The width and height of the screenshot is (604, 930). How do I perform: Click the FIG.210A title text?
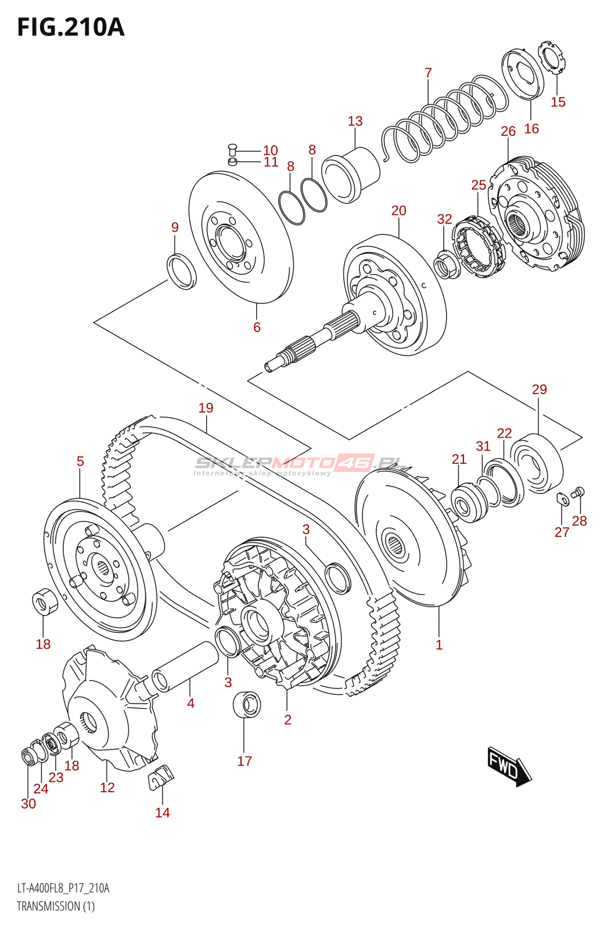(70, 27)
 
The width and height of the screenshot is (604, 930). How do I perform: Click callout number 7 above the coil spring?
(428, 73)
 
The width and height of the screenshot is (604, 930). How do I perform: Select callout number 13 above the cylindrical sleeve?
(355, 121)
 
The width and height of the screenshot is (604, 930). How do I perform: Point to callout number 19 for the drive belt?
(206, 408)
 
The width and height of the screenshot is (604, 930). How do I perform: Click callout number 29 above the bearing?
(539, 389)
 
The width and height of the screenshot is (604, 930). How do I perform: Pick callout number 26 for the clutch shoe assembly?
(508, 131)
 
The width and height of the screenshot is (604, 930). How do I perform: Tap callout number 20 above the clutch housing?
(398, 210)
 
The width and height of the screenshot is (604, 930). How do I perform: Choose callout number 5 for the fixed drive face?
(80, 462)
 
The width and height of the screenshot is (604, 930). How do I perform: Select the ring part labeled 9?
(182, 271)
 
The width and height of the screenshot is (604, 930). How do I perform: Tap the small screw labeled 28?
(577, 493)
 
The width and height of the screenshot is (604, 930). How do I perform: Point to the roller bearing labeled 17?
(246, 704)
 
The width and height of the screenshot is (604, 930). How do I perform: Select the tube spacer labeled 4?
(185, 666)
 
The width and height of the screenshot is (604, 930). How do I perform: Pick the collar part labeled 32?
(446, 265)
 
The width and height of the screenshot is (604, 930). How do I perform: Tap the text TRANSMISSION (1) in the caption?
(56, 906)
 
